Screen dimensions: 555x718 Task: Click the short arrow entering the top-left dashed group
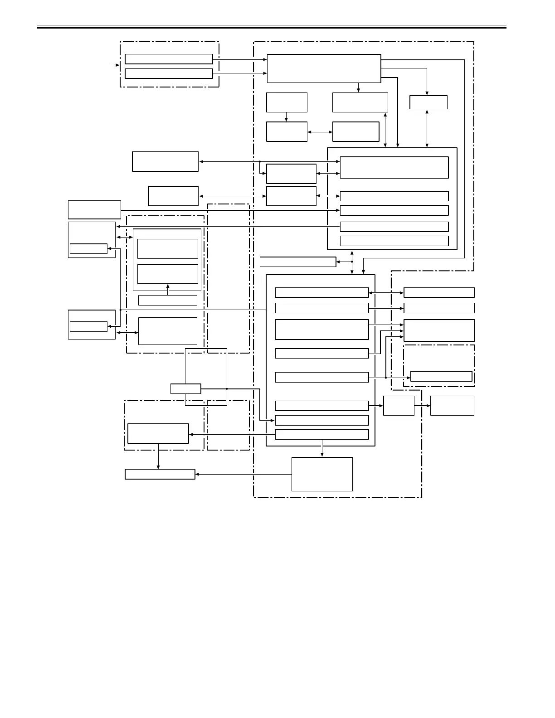[115, 65]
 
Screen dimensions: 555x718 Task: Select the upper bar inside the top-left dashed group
[169, 59]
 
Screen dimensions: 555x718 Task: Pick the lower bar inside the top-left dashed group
[169, 73]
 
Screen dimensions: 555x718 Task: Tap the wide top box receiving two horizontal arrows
[324, 68]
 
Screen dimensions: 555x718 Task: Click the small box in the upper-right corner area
[428, 102]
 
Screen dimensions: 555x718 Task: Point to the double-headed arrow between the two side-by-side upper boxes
[320, 132]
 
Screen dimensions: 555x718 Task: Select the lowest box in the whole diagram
[322, 474]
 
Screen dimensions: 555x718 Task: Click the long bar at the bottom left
[160, 474]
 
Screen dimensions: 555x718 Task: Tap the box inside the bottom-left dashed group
[158, 433]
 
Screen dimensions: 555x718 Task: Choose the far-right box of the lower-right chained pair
[452, 405]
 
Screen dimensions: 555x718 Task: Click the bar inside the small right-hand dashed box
[441, 376]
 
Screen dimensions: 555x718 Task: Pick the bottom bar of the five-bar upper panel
[394, 241]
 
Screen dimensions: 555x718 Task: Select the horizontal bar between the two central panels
[297, 262]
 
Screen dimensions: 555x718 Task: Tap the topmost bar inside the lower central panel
[321, 292]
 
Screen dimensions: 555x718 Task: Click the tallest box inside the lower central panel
[321, 329]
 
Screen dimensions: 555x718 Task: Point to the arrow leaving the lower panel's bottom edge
[322, 451]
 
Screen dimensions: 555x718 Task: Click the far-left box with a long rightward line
[94, 209]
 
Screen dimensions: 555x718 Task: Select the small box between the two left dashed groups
[185, 388]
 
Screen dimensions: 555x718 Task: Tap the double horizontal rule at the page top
[271, 27]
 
